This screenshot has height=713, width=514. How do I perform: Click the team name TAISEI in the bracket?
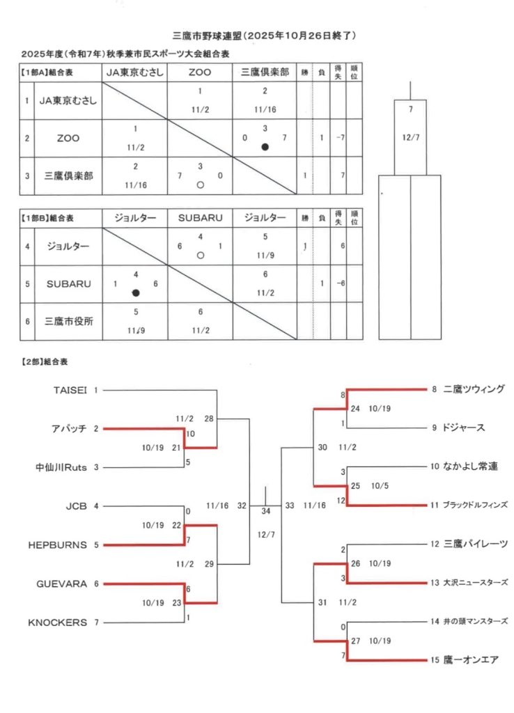coord(70,390)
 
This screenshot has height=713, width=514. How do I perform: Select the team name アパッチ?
coord(69,429)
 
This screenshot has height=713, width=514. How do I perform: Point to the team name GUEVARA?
coord(61,583)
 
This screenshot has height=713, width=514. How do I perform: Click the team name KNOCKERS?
coord(58,622)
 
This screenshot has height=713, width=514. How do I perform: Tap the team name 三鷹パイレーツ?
coord(475,544)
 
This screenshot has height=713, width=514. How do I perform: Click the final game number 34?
coord(265,512)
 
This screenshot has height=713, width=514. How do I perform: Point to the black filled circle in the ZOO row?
coord(265,147)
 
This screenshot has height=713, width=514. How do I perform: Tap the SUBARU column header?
coord(200,218)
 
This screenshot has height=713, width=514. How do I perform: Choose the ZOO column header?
coord(200,72)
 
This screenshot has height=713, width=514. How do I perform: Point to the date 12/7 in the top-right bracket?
coord(411,136)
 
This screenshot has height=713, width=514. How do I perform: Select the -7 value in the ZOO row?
coord(339,138)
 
